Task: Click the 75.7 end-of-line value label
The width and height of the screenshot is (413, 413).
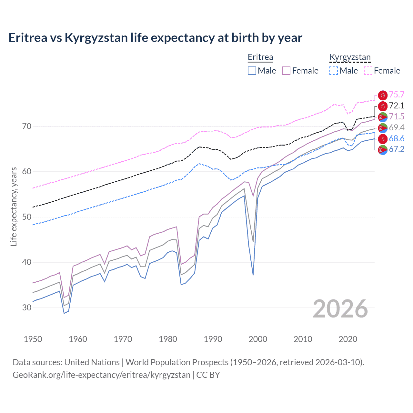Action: (397, 95)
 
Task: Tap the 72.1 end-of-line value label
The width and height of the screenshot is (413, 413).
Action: (397, 106)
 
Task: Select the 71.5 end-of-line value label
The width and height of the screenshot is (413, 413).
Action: (397, 116)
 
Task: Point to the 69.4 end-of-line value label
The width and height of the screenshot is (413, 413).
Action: (397, 127)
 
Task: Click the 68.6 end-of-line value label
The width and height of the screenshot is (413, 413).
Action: (397, 138)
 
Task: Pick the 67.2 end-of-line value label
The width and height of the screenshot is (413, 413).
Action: (397, 149)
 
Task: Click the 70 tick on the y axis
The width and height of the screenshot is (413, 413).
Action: (27, 126)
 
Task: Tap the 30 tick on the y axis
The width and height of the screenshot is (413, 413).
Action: (27, 307)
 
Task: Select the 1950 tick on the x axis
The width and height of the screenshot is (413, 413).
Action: (33, 339)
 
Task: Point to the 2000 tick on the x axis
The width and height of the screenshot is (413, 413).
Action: (258, 339)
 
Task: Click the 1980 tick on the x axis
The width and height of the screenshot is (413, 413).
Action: (168, 339)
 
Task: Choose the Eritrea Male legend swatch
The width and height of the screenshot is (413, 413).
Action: (252, 71)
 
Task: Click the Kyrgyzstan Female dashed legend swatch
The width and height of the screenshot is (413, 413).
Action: (368, 71)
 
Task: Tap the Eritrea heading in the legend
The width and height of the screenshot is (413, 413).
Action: (260, 57)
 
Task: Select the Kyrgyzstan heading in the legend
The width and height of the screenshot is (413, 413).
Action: (350, 57)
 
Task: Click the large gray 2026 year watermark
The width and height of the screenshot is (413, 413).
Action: (340, 309)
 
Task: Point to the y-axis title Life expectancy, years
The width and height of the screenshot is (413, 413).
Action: (14, 206)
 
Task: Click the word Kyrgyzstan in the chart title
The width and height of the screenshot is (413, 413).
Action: (96, 38)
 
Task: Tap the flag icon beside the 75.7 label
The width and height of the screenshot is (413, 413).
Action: (383, 95)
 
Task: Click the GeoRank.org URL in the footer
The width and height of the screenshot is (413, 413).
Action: (101, 375)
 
